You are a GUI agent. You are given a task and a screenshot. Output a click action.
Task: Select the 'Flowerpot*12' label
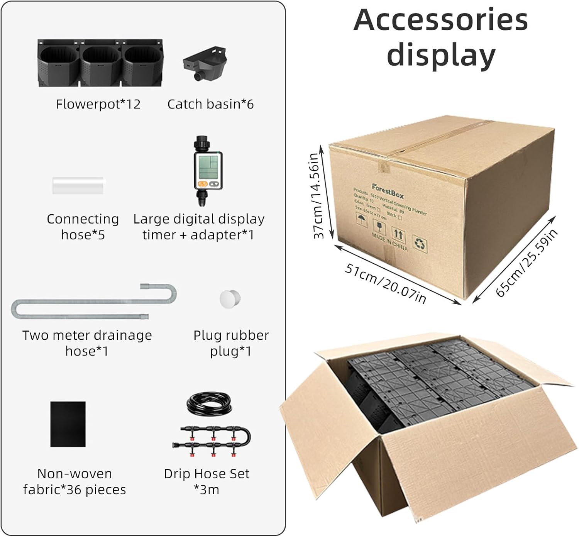coord(98,104)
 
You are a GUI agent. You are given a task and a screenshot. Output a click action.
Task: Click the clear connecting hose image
coord(79,186)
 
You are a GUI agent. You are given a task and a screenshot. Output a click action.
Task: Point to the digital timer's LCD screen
coord(208,166)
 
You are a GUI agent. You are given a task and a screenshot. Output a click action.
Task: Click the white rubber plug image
coord(230,298)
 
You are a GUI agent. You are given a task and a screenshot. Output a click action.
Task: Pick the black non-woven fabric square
coord(68,424)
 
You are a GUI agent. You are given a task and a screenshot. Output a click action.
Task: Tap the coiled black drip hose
coord(209,403)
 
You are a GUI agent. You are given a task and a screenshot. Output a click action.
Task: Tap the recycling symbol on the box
coord(420,244)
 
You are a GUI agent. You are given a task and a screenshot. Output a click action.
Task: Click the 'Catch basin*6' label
coord(210,104)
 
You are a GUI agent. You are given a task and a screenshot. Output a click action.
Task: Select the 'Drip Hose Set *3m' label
coord(207,481)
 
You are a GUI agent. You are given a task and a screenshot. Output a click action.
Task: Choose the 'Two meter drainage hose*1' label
coord(87,343)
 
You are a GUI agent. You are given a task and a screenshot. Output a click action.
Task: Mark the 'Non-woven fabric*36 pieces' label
coord(74,481)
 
